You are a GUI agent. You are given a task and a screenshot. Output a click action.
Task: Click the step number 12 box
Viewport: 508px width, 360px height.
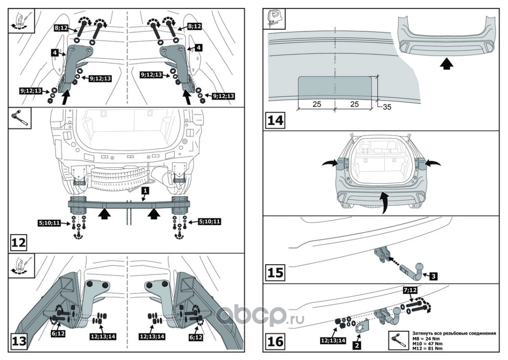click(18, 243)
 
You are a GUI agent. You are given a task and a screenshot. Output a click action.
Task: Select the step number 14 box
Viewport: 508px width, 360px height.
click(276, 120)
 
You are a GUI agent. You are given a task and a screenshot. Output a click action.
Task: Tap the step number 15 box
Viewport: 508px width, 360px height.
click(276, 273)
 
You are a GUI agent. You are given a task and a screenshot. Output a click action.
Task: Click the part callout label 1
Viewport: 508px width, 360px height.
click(145, 191)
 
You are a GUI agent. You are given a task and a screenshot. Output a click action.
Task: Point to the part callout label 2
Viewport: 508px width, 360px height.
click(356, 346)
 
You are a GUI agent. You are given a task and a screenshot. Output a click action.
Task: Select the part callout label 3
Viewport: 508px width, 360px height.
click(433, 276)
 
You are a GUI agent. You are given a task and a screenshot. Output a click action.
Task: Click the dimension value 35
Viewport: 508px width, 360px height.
click(388, 107)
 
